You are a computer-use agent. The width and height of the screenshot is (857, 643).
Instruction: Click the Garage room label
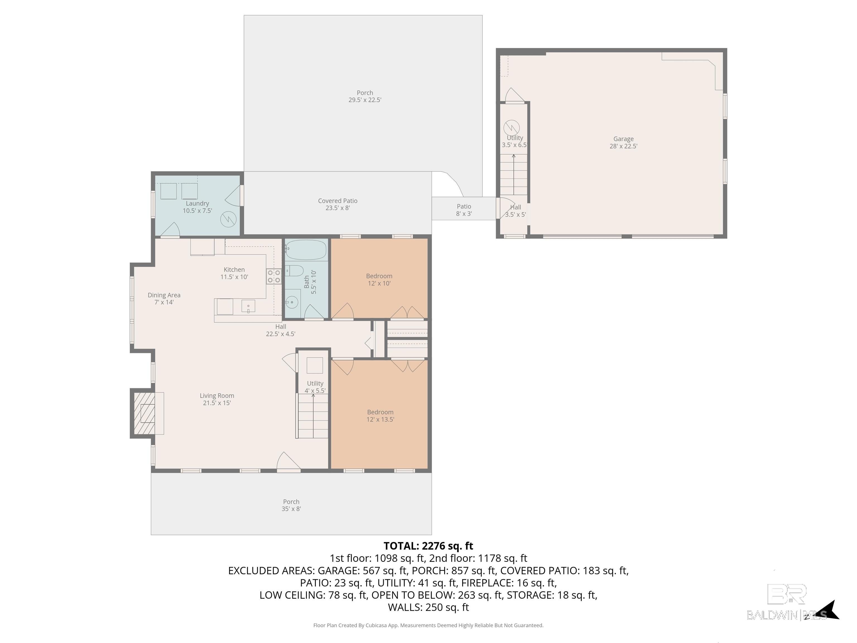click(624, 142)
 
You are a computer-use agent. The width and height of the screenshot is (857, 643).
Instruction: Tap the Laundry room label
click(197, 207)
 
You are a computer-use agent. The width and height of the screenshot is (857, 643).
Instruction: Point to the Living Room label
click(217, 399)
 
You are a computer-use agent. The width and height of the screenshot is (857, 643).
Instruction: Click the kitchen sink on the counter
click(248, 306)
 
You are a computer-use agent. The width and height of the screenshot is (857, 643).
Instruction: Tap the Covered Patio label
click(338, 204)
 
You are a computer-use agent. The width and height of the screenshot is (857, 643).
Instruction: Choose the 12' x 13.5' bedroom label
click(381, 416)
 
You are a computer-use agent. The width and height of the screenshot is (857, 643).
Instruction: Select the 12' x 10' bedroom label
click(379, 279)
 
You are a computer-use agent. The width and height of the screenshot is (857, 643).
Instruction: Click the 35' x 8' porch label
click(291, 505)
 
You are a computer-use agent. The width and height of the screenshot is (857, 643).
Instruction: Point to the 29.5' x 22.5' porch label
click(365, 96)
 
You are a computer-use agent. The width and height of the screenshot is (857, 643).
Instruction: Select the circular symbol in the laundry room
click(228, 219)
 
